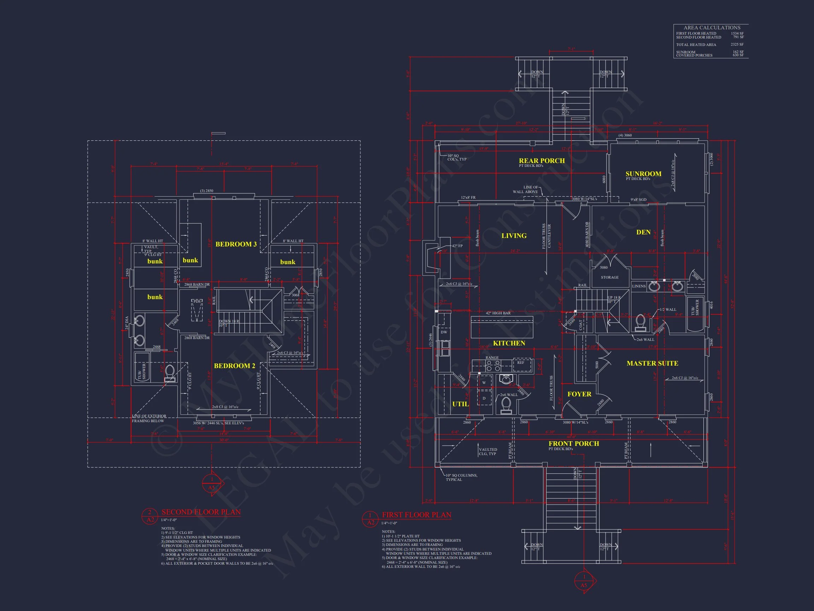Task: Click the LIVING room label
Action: (x=514, y=236)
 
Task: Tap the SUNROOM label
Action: (x=643, y=174)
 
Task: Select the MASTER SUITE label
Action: (x=652, y=363)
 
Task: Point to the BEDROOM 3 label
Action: (x=236, y=244)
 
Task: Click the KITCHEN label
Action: (x=509, y=343)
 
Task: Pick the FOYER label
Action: (x=579, y=394)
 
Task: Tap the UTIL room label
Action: (x=460, y=404)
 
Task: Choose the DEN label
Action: (x=643, y=232)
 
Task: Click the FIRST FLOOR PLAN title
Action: (x=417, y=515)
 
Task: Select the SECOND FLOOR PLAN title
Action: (x=201, y=512)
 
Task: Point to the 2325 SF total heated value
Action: (x=737, y=45)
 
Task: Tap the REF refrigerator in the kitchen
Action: (x=521, y=363)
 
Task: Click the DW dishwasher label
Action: (x=444, y=332)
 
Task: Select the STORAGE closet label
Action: (x=610, y=277)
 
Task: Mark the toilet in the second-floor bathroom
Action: (x=170, y=372)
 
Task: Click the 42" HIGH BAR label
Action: (x=498, y=313)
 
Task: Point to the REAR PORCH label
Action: (x=542, y=161)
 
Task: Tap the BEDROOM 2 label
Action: (x=234, y=366)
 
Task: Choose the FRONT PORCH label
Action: (x=574, y=444)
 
